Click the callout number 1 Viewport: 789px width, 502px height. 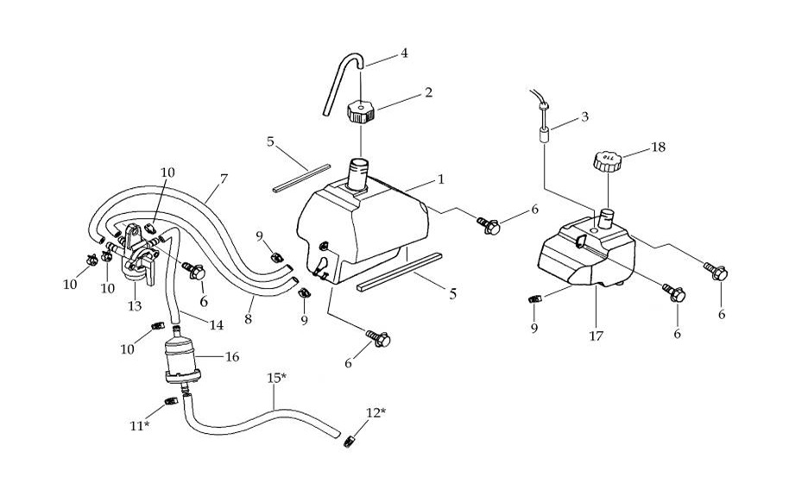[x=440, y=179]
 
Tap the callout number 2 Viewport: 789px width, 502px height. [x=427, y=92]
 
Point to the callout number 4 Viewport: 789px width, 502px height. [x=403, y=53]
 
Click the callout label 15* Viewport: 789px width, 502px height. [x=276, y=379]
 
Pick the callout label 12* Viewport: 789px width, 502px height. [x=376, y=412]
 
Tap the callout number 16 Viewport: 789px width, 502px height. [x=231, y=355]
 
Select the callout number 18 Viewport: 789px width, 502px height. [x=658, y=147]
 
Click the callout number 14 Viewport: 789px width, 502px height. [x=216, y=325]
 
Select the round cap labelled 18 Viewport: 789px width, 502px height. [x=607, y=160]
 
